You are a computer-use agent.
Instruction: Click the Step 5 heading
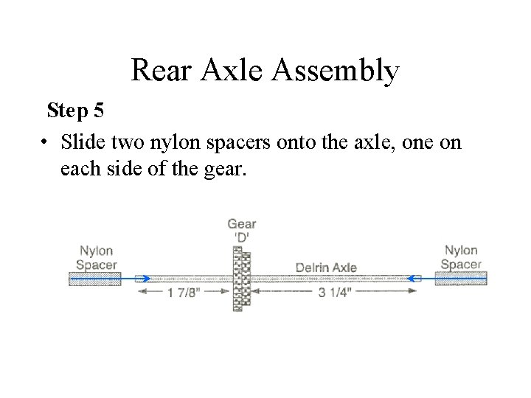pyautogui.click(x=75, y=111)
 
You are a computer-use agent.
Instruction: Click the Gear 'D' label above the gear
pyautogui.click(x=242, y=230)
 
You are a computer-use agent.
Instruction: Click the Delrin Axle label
pyautogui.click(x=326, y=267)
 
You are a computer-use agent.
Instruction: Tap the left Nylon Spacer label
pyautogui.click(x=96, y=258)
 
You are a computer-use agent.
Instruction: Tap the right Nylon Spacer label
pyautogui.click(x=461, y=257)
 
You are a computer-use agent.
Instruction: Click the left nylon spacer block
pyautogui.click(x=94, y=279)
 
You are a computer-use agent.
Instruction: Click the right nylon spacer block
pyautogui.click(x=461, y=278)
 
